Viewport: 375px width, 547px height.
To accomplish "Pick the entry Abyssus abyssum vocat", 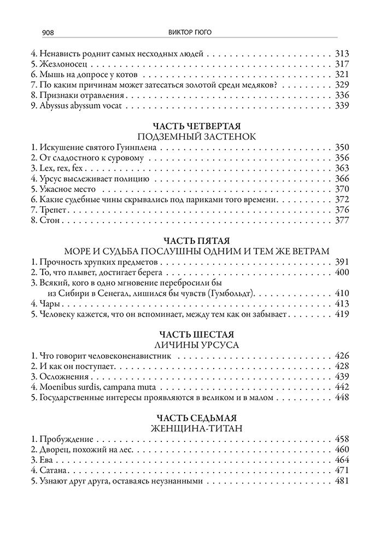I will click(69, 106).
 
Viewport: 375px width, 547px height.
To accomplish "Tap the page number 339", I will click(341, 106).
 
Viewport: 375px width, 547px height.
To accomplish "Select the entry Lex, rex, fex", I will click(56, 168).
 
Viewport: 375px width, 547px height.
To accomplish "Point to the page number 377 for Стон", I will click(341, 220).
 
